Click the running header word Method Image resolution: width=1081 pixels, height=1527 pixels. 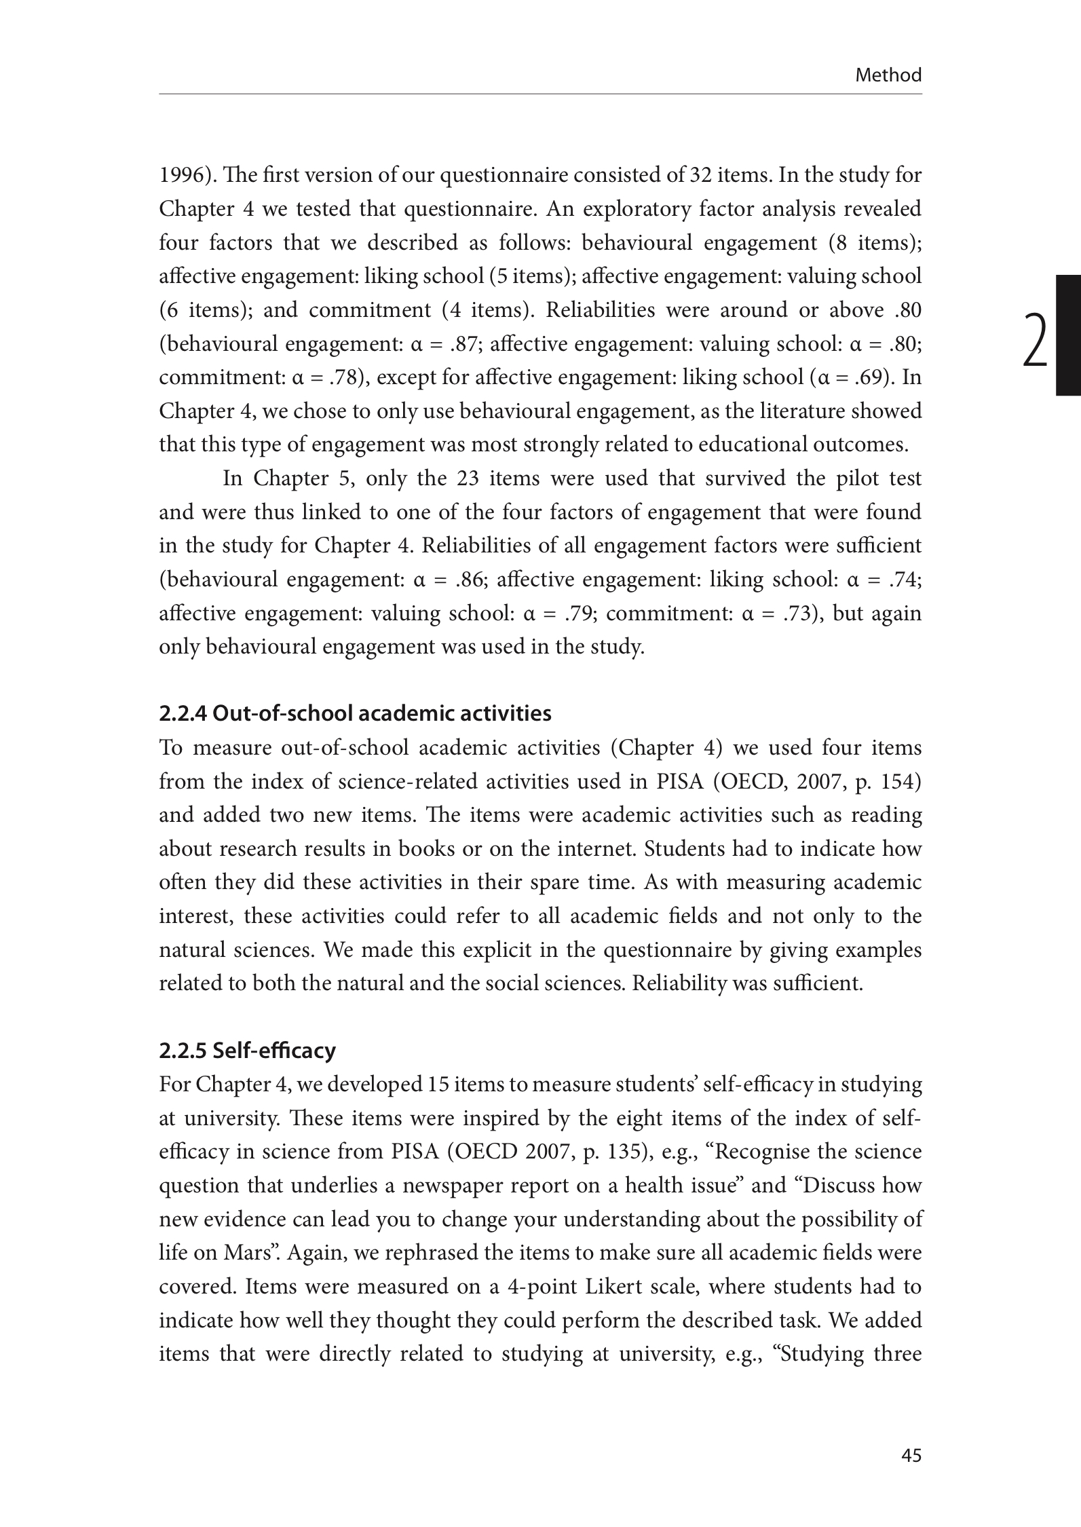click(888, 75)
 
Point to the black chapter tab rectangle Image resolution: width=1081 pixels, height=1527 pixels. click(1068, 335)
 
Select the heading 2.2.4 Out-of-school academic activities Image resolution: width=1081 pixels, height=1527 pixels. click(355, 713)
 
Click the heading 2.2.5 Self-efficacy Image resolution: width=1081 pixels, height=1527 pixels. click(247, 1051)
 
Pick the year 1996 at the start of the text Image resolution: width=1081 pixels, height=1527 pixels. click(180, 175)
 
